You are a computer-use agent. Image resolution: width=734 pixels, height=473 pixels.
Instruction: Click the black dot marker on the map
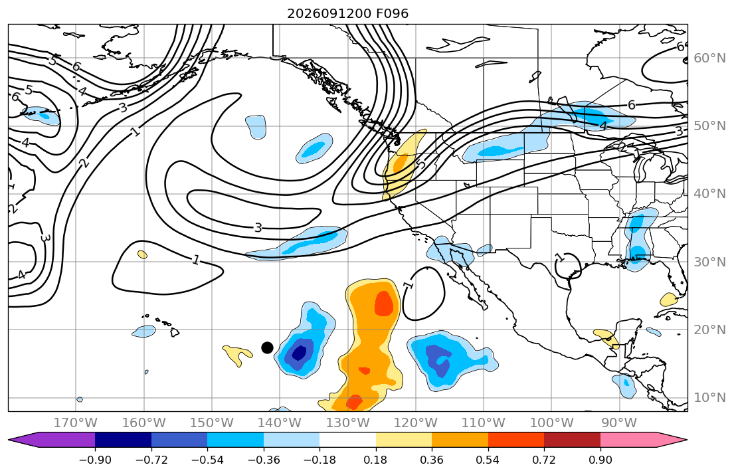(x=267, y=347)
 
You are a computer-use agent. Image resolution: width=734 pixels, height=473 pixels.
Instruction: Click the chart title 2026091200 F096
(x=348, y=13)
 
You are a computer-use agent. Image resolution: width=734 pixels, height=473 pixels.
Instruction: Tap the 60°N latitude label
(x=709, y=58)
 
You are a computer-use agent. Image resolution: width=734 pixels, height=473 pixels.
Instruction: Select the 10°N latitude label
(x=709, y=398)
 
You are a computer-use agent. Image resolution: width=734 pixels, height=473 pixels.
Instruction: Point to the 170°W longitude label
(x=76, y=423)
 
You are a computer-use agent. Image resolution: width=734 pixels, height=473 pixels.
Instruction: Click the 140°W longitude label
(x=280, y=423)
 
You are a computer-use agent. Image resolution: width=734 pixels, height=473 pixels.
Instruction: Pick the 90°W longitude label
(x=619, y=423)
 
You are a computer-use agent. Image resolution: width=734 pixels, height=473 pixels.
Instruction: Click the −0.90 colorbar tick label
(x=95, y=460)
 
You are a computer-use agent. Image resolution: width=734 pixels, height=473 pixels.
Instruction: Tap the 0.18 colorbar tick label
(x=375, y=460)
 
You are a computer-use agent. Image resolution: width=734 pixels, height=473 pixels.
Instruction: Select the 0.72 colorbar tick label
(x=544, y=460)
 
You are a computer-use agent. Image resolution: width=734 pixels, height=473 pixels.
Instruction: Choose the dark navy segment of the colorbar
(x=123, y=440)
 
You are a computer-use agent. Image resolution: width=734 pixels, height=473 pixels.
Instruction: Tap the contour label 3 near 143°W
(x=258, y=228)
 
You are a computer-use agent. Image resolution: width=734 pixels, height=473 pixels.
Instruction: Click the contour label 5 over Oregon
(x=421, y=164)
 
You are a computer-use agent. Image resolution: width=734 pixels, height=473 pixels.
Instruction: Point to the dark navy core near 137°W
(x=299, y=352)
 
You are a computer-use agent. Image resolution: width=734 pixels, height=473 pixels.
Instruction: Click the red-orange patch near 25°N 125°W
(x=384, y=304)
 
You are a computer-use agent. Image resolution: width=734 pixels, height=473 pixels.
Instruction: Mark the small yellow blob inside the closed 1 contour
(x=142, y=254)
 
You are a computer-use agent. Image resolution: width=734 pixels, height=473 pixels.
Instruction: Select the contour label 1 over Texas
(x=559, y=257)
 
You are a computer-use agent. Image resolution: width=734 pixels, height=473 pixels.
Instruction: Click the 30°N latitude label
(x=709, y=262)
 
